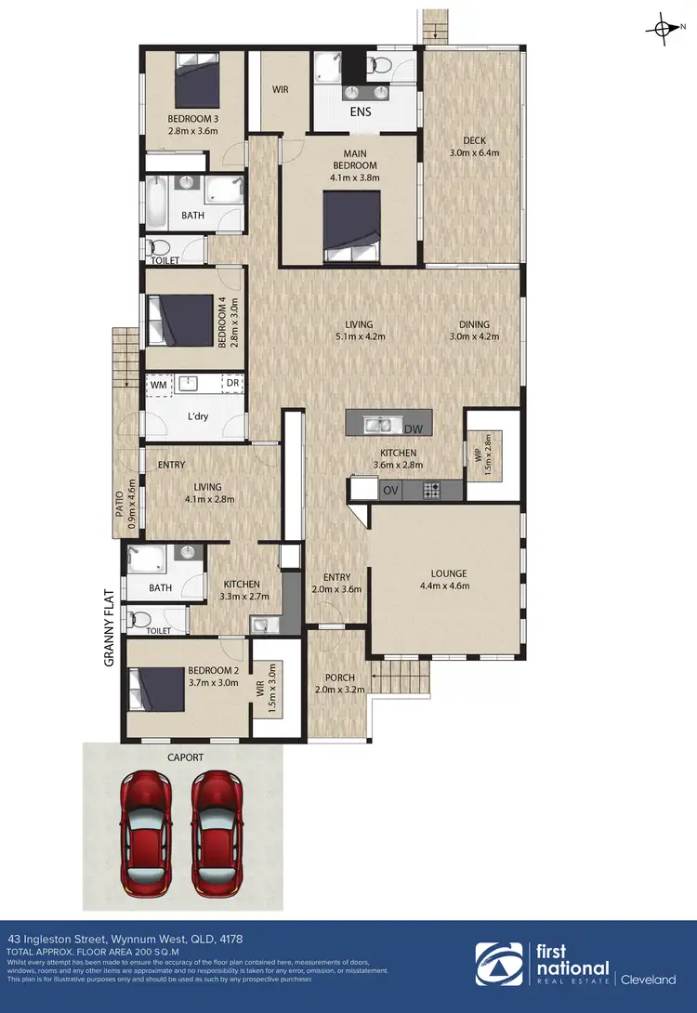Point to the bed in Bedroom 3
coord(196,82)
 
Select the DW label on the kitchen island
coord(414,428)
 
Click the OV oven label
coord(390,490)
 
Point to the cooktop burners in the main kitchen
coord(432,489)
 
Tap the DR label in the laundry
coord(232,383)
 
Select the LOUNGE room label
coord(449,573)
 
